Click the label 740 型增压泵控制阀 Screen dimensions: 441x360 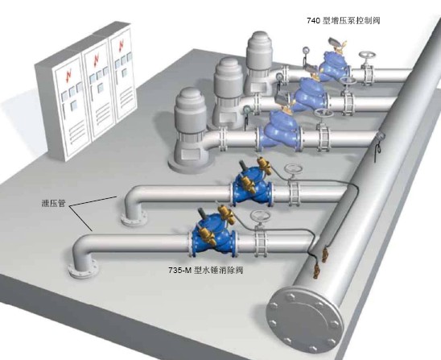tap(344, 21)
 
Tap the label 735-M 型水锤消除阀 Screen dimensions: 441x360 tap(205, 271)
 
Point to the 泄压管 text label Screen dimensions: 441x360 tap(53, 203)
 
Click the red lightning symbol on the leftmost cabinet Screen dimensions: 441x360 tap(68, 75)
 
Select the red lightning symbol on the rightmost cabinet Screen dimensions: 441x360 tap(122, 45)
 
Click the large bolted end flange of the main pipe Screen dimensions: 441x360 tap(305, 320)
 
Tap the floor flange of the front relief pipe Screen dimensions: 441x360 tap(83, 269)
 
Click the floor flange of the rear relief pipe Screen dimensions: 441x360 tap(134, 218)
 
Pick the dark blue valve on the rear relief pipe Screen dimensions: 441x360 tap(251, 185)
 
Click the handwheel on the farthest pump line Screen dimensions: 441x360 tap(368, 56)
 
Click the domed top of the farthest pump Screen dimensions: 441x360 tap(260, 39)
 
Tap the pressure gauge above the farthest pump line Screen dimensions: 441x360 tap(306, 50)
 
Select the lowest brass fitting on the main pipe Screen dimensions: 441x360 tap(317, 271)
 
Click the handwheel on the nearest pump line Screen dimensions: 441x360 tap(324, 113)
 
